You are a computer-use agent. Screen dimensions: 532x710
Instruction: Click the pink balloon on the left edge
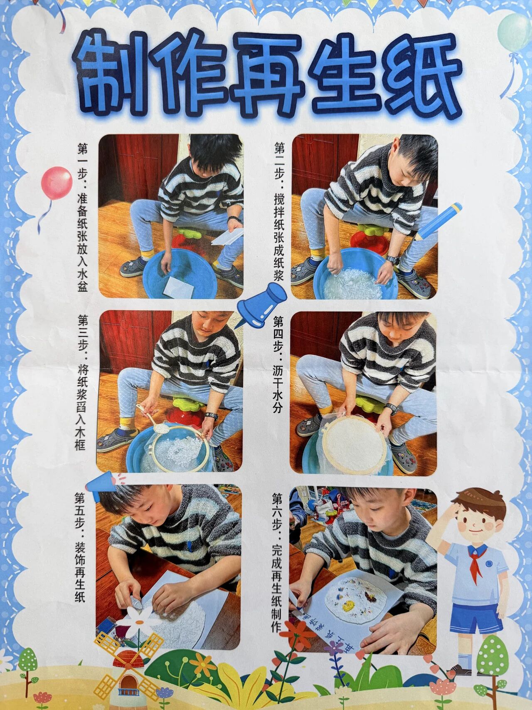pos(57,183)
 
